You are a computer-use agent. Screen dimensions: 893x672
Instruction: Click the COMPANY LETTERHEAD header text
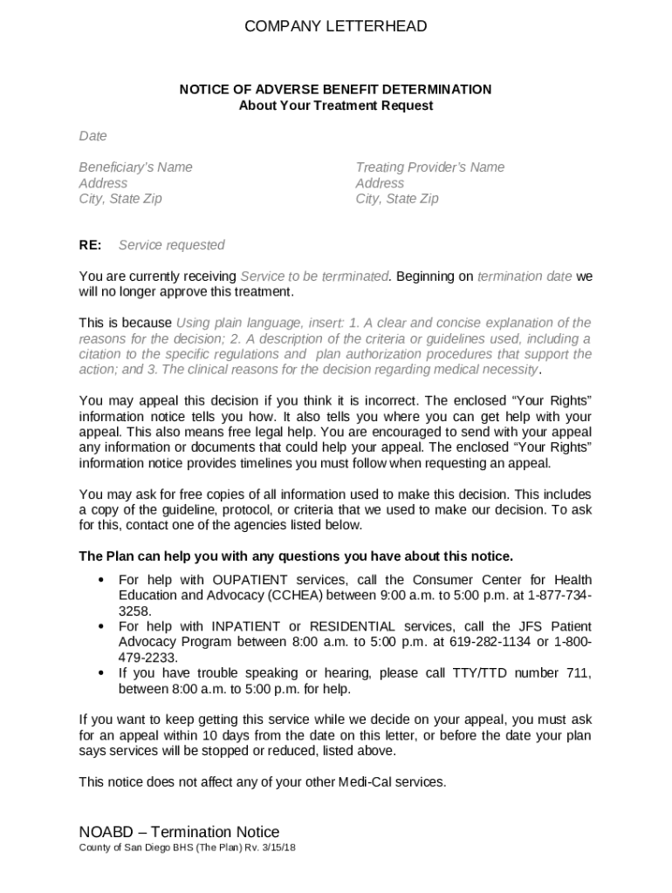coord(336,27)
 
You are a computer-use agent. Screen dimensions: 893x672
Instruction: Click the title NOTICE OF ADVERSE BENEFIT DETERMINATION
coord(336,90)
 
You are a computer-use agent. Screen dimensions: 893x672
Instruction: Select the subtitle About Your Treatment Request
coord(336,106)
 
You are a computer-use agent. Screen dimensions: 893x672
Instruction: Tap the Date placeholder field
coord(93,136)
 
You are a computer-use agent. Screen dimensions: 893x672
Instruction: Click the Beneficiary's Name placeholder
coord(135,167)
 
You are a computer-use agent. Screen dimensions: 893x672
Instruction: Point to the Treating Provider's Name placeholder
coord(429,167)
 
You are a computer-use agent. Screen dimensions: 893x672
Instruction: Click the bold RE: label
coord(90,245)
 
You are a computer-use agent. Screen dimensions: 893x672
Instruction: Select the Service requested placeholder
coord(171,245)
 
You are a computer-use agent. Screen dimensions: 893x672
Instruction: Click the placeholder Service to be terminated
coord(314,276)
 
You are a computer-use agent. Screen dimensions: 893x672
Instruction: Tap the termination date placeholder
coord(525,276)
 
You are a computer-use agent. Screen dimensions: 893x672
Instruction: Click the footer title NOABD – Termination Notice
coord(179,832)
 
